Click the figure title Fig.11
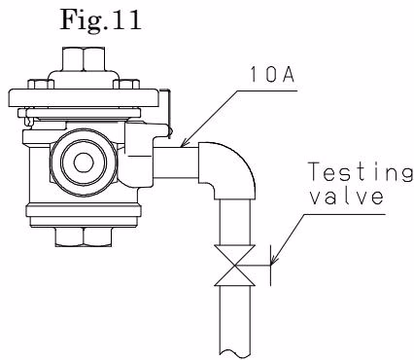[x=101, y=19]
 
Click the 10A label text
[x=272, y=75]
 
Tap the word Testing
[x=361, y=172]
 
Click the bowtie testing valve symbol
[x=234, y=266]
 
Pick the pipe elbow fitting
[x=226, y=169]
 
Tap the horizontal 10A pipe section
[x=176, y=162]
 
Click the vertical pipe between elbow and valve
[x=235, y=222]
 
